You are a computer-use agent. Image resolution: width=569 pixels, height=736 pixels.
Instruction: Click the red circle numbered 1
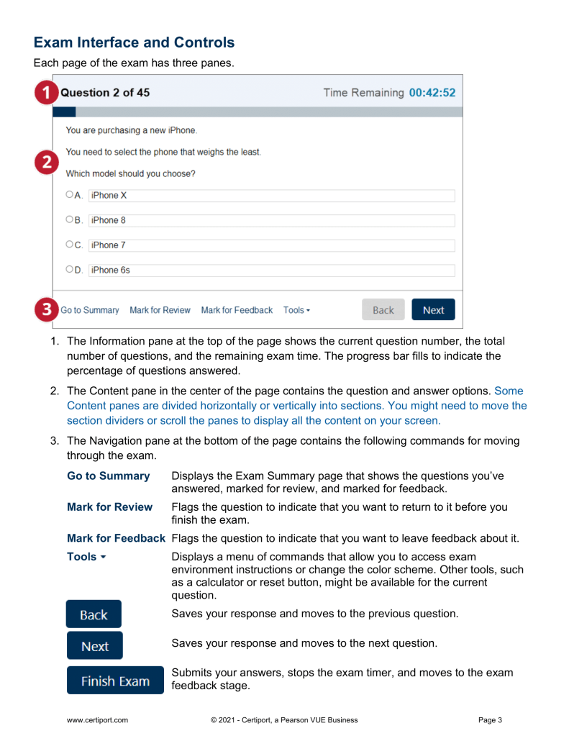[x=47, y=93]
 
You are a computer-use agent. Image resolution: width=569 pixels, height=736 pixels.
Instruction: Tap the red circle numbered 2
[x=47, y=163]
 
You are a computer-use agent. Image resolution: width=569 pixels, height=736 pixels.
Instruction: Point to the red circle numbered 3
[x=47, y=310]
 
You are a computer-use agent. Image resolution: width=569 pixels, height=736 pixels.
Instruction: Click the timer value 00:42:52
[x=432, y=93]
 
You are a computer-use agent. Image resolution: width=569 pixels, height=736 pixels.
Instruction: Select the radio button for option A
[x=69, y=195]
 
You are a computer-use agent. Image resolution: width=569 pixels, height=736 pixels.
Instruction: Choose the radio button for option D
[x=69, y=270]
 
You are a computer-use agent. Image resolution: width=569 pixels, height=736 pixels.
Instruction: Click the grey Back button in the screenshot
[x=383, y=310]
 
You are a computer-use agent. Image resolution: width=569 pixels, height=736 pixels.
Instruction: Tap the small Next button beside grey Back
[x=433, y=310]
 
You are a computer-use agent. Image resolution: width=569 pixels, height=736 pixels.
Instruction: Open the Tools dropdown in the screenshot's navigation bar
[x=296, y=310]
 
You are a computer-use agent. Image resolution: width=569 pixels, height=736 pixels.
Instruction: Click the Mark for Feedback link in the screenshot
[x=237, y=310]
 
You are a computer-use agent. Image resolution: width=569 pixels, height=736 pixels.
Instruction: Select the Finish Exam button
[x=115, y=681]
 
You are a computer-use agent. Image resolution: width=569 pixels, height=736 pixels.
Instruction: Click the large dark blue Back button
[x=94, y=614]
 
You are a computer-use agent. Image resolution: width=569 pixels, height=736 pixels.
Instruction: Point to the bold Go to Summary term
[x=108, y=476]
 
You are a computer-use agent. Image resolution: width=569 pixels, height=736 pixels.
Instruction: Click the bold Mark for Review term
[x=109, y=506]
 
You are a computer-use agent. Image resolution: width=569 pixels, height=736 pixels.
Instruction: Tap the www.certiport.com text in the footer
[x=97, y=719]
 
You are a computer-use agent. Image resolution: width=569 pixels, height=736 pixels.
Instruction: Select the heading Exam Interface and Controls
[x=134, y=42]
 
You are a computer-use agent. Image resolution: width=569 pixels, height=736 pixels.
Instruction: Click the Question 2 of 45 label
[x=105, y=93]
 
